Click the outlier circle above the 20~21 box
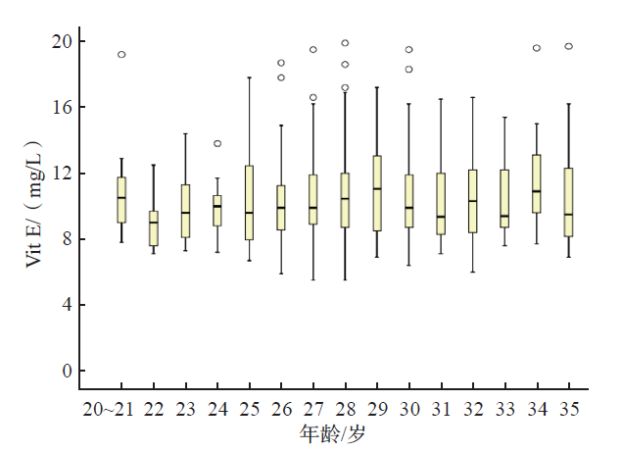point(121,55)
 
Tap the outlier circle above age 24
point(217,143)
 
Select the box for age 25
point(250,202)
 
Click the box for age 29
point(377,193)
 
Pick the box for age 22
point(154,227)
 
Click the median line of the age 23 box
point(185,213)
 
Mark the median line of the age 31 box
point(441,217)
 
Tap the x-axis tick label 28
point(345,408)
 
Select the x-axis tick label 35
point(568,408)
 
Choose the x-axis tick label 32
point(473,408)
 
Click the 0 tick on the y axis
point(66,371)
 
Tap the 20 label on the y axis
point(61,41)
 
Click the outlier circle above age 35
point(569,46)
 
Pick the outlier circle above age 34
point(537,47)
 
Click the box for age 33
point(504,199)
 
